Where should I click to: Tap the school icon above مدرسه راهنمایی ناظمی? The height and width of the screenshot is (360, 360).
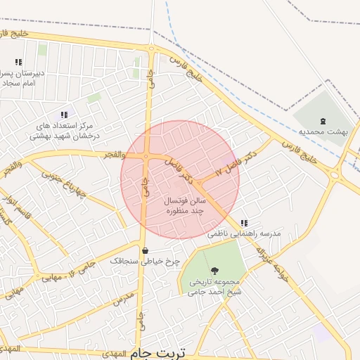pyautogui.click(x=244, y=223)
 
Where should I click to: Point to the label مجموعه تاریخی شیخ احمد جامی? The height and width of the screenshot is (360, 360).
pyautogui.click(x=214, y=288)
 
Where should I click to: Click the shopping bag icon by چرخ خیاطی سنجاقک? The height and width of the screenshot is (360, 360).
pyautogui.click(x=146, y=250)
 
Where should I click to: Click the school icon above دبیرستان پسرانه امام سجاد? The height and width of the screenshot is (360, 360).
pyautogui.click(x=18, y=62)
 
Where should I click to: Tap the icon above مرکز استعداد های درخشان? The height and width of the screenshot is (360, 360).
pyautogui.click(x=64, y=114)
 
